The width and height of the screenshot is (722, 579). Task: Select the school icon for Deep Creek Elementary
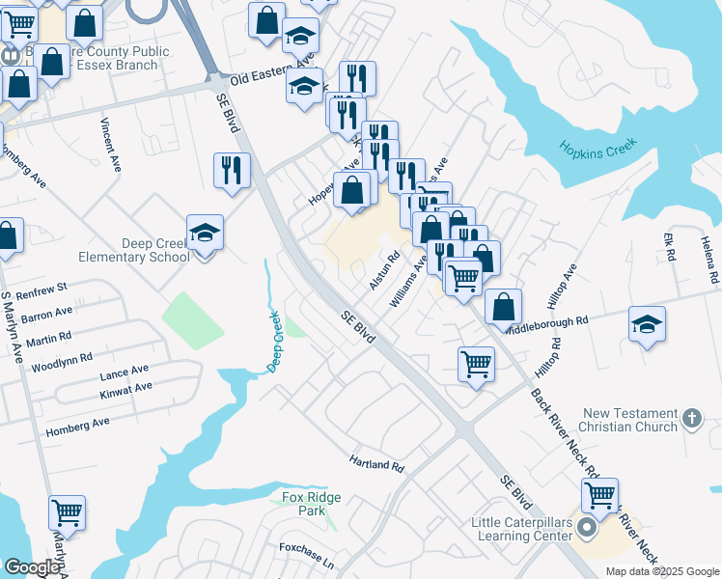click(205, 234)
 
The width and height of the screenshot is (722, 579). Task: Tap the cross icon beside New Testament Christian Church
click(690, 418)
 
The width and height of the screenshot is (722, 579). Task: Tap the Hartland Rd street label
click(376, 464)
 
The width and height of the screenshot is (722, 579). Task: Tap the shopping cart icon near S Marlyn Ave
click(67, 512)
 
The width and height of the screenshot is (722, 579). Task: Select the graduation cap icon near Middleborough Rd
click(647, 323)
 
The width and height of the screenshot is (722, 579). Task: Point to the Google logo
click(31, 567)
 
